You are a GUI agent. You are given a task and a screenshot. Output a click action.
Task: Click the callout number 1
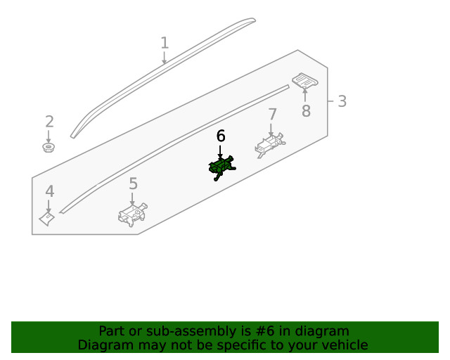pyautogui.click(x=165, y=43)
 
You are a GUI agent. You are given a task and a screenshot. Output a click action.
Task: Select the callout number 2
pyautogui.click(x=49, y=122)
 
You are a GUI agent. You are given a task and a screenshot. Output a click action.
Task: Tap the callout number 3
pyautogui.click(x=342, y=101)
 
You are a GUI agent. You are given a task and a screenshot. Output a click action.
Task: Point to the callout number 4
pyautogui.click(x=50, y=191)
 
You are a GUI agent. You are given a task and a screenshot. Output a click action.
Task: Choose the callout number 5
pyautogui.click(x=133, y=184)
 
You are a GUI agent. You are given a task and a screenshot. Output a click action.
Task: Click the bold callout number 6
pyautogui.click(x=220, y=136)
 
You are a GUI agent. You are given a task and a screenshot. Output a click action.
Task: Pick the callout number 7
pyautogui.click(x=272, y=115)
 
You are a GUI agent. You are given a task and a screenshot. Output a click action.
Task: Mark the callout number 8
pyautogui.click(x=306, y=111)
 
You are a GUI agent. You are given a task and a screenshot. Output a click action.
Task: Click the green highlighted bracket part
pyautogui.click(x=221, y=167)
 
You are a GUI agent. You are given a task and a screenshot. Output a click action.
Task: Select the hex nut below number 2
pyautogui.click(x=49, y=147)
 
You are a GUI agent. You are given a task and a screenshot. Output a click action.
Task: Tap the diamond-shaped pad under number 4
pyautogui.click(x=47, y=219)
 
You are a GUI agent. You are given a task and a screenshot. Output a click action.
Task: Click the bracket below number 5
pyautogui.click(x=133, y=214)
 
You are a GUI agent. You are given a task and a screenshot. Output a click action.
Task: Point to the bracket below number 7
pyautogui.click(x=270, y=145)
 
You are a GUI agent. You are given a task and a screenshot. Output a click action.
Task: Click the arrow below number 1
pyautogui.click(x=164, y=58)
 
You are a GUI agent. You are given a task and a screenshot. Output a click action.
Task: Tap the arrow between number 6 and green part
pyautogui.click(x=220, y=152)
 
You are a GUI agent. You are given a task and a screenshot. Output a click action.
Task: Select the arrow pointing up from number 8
pyautogui.click(x=304, y=95)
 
